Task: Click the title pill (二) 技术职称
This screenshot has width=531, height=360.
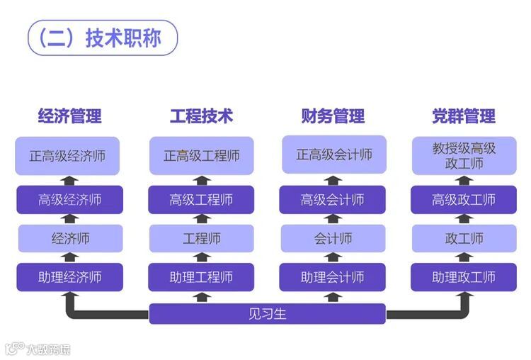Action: click(102, 38)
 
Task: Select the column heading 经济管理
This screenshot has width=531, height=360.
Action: click(69, 116)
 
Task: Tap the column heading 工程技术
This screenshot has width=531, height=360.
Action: click(201, 116)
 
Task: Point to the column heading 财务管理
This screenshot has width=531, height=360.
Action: click(333, 116)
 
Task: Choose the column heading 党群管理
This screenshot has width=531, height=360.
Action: click(464, 116)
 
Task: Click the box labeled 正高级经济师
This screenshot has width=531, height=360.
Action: click(69, 156)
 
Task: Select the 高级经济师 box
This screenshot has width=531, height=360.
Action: click(69, 200)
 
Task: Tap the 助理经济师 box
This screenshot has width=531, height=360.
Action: click(69, 276)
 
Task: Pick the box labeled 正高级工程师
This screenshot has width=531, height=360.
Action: click(201, 156)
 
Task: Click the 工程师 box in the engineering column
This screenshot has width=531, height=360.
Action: click(201, 238)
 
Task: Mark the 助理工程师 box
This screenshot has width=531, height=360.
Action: click(201, 276)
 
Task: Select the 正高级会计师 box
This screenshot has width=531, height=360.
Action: click(333, 154)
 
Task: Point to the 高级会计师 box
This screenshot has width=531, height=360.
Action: click(333, 200)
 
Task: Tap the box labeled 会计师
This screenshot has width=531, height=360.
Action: click(333, 238)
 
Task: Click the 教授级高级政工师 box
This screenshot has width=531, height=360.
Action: click(464, 156)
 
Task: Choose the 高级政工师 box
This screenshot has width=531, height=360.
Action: click(464, 200)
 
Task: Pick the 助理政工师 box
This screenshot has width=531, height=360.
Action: click(464, 276)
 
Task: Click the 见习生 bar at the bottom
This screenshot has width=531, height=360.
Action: click(267, 313)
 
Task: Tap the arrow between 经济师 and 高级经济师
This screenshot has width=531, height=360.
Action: click(69, 219)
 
